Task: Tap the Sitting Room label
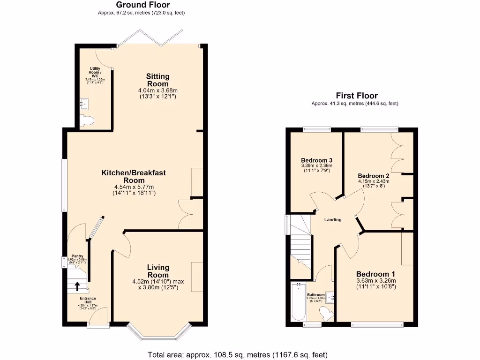(157, 80)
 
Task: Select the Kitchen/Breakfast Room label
(134, 176)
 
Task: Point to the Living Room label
(158, 271)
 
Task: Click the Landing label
(333, 220)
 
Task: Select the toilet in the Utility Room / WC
(87, 121)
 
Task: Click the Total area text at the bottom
(238, 354)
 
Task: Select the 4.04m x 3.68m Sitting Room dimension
(157, 90)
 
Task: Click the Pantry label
(77, 256)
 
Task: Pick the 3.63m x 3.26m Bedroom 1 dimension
(376, 281)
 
